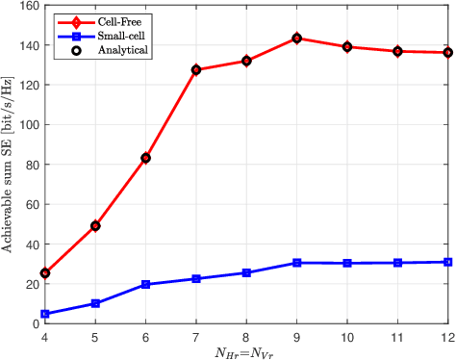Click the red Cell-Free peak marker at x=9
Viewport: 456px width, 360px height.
(297, 39)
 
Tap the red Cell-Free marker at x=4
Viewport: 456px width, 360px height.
(45, 273)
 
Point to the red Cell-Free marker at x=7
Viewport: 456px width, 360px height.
(196, 70)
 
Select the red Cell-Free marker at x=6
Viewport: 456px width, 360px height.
(146, 158)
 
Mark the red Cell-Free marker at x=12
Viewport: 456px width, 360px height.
(448, 52)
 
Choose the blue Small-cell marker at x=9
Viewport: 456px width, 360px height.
(297, 263)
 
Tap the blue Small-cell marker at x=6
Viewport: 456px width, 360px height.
(146, 285)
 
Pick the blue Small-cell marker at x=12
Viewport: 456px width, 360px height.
(448, 262)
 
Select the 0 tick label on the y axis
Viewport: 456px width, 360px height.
(36, 323)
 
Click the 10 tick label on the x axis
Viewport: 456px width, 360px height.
(347, 336)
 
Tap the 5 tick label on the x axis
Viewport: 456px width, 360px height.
(95, 336)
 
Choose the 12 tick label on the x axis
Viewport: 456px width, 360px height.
(446, 336)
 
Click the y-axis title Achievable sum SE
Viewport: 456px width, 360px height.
(8, 165)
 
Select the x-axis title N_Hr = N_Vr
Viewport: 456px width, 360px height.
(247, 351)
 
